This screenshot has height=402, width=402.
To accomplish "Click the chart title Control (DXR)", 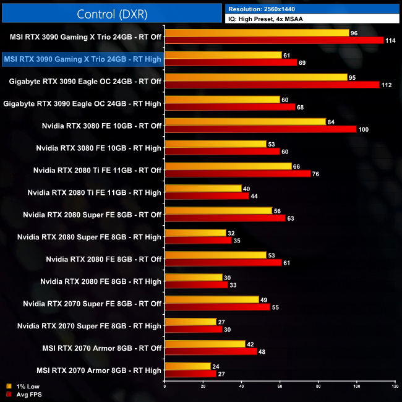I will (111, 14).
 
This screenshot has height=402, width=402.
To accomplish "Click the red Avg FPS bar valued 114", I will (273, 41).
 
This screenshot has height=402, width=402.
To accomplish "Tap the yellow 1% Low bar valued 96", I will (256, 33).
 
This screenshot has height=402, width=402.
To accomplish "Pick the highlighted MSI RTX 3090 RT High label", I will (83, 59).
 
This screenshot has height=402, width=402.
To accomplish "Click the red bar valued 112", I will (272, 85).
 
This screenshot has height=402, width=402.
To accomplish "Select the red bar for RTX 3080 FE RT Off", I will (260, 129).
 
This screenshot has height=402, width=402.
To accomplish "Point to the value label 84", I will (332, 122).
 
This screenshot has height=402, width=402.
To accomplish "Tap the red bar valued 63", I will (225, 218).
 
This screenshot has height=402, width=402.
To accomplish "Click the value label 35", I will (237, 240).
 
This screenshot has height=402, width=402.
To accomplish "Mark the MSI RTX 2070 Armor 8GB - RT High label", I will (99, 370).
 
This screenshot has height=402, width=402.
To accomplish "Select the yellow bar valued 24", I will (187, 366).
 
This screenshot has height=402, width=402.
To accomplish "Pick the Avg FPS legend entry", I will (24, 394).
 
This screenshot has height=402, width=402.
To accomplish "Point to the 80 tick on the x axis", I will (318, 387).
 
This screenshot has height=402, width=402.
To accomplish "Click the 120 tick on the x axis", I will (395, 387).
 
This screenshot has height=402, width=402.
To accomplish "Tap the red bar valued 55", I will (217, 307).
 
